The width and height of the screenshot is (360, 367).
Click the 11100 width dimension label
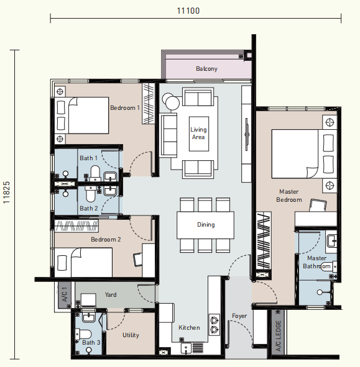click(x=188, y=11)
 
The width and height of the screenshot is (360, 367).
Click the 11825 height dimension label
click(x=7, y=193)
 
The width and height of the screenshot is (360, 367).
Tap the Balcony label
click(x=206, y=68)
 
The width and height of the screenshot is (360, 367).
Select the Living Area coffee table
click(x=199, y=134)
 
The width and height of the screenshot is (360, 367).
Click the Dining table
click(x=205, y=225)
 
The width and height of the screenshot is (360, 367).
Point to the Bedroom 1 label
click(x=125, y=108)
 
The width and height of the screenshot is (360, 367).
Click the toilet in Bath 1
click(x=95, y=173)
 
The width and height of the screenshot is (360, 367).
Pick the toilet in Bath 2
click(x=91, y=194)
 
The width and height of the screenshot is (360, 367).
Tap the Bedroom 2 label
click(x=106, y=240)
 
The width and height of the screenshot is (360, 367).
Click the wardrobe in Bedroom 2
click(x=76, y=226)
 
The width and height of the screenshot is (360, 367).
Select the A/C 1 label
click(x=65, y=294)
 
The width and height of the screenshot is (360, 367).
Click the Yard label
click(x=111, y=295)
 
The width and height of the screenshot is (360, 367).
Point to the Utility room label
click(x=131, y=335)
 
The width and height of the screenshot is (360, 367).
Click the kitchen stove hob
click(x=215, y=325)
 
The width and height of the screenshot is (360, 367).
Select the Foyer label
click(x=239, y=316)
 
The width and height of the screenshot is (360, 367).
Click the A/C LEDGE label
click(x=278, y=336)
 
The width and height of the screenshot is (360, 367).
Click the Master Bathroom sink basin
click(x=332, y=241)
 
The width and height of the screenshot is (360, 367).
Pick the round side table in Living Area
click(x=170, y=101)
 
